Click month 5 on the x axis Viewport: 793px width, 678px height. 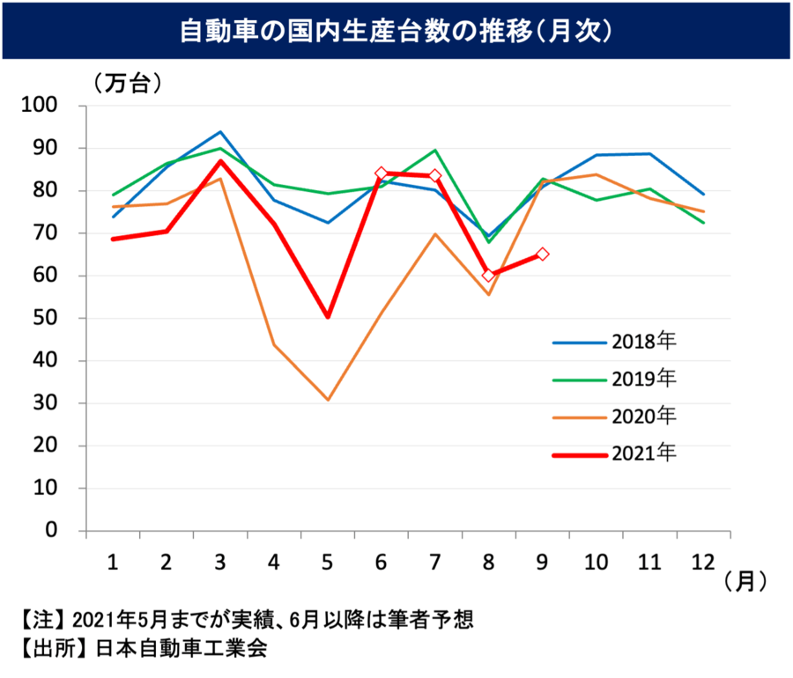328,561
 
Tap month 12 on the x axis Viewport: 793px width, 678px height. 703,561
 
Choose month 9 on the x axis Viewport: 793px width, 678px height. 542,561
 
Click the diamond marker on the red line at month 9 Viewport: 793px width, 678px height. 543,254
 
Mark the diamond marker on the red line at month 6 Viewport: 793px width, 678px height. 382,173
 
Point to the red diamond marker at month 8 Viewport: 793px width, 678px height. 489,276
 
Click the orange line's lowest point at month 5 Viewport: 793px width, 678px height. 328,400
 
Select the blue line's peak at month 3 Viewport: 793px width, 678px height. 220,132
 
